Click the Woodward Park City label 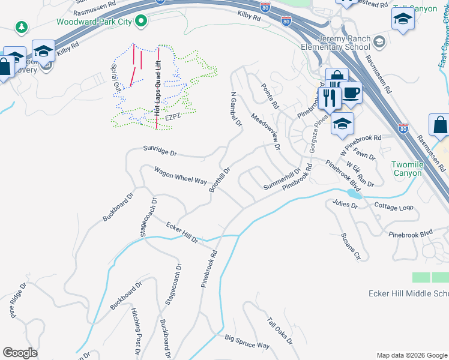tap(94, 22)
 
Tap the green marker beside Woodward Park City tap(142, 22)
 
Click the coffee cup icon tap(351, 94)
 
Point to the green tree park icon tap(22, 27)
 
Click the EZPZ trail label tap(173, 118)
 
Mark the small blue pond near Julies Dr tap(354, 195)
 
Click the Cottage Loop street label tap(394, 207)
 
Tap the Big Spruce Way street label tap(247, 343)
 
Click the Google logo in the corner tap(20, 353)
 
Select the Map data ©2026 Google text tap(411, 355)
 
